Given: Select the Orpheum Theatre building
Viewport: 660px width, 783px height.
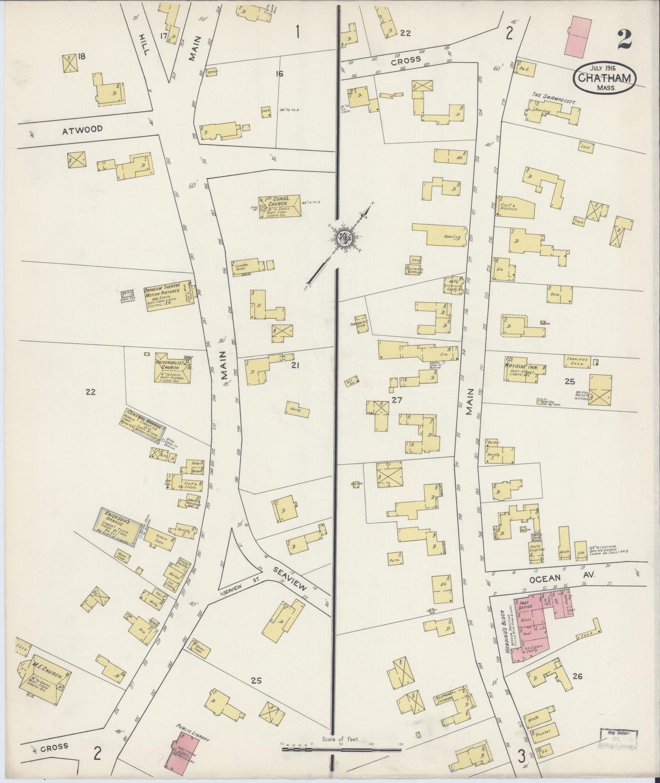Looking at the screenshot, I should pos(167,296).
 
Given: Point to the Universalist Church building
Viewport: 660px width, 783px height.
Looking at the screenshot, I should pos(171,368).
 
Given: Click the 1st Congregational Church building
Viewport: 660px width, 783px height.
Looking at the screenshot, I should pos(280,207).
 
